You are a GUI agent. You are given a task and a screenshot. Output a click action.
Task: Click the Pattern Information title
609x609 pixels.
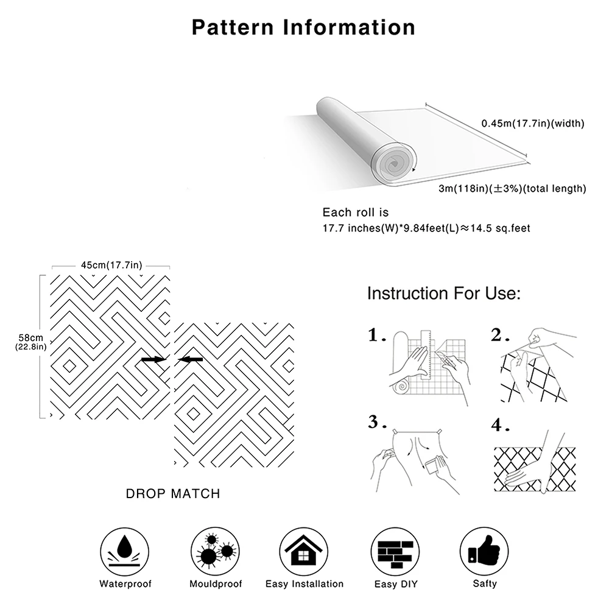click(x=303, y=27)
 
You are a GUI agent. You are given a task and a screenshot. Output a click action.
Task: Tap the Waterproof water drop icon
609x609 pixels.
click(x=125, y=550)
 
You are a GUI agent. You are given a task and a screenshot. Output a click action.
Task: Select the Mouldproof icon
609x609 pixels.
click(x=216, y=550)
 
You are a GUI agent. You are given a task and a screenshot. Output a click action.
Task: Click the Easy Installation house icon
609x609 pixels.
click(x=304, y=550)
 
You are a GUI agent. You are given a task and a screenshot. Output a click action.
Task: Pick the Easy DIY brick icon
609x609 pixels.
click(x=394, y=550)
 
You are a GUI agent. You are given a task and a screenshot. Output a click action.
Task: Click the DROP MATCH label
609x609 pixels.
click(x=173, y=494)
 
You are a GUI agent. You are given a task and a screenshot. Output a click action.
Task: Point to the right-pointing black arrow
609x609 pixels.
click(x=153, y=360)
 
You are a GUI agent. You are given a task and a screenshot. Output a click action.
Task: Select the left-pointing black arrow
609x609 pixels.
click(x=191, y=360)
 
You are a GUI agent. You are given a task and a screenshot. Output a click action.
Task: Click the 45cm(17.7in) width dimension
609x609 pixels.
click(x=111, y=265)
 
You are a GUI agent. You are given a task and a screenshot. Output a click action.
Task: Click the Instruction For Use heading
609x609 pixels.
click(x=443, y=294)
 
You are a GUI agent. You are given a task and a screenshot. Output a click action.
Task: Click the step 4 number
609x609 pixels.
click(x=500, y=426)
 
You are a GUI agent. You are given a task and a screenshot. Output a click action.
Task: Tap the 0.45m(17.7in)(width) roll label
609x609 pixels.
click(x=532, y=124)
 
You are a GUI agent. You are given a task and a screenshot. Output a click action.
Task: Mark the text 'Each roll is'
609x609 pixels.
click(x=355, y=213)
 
